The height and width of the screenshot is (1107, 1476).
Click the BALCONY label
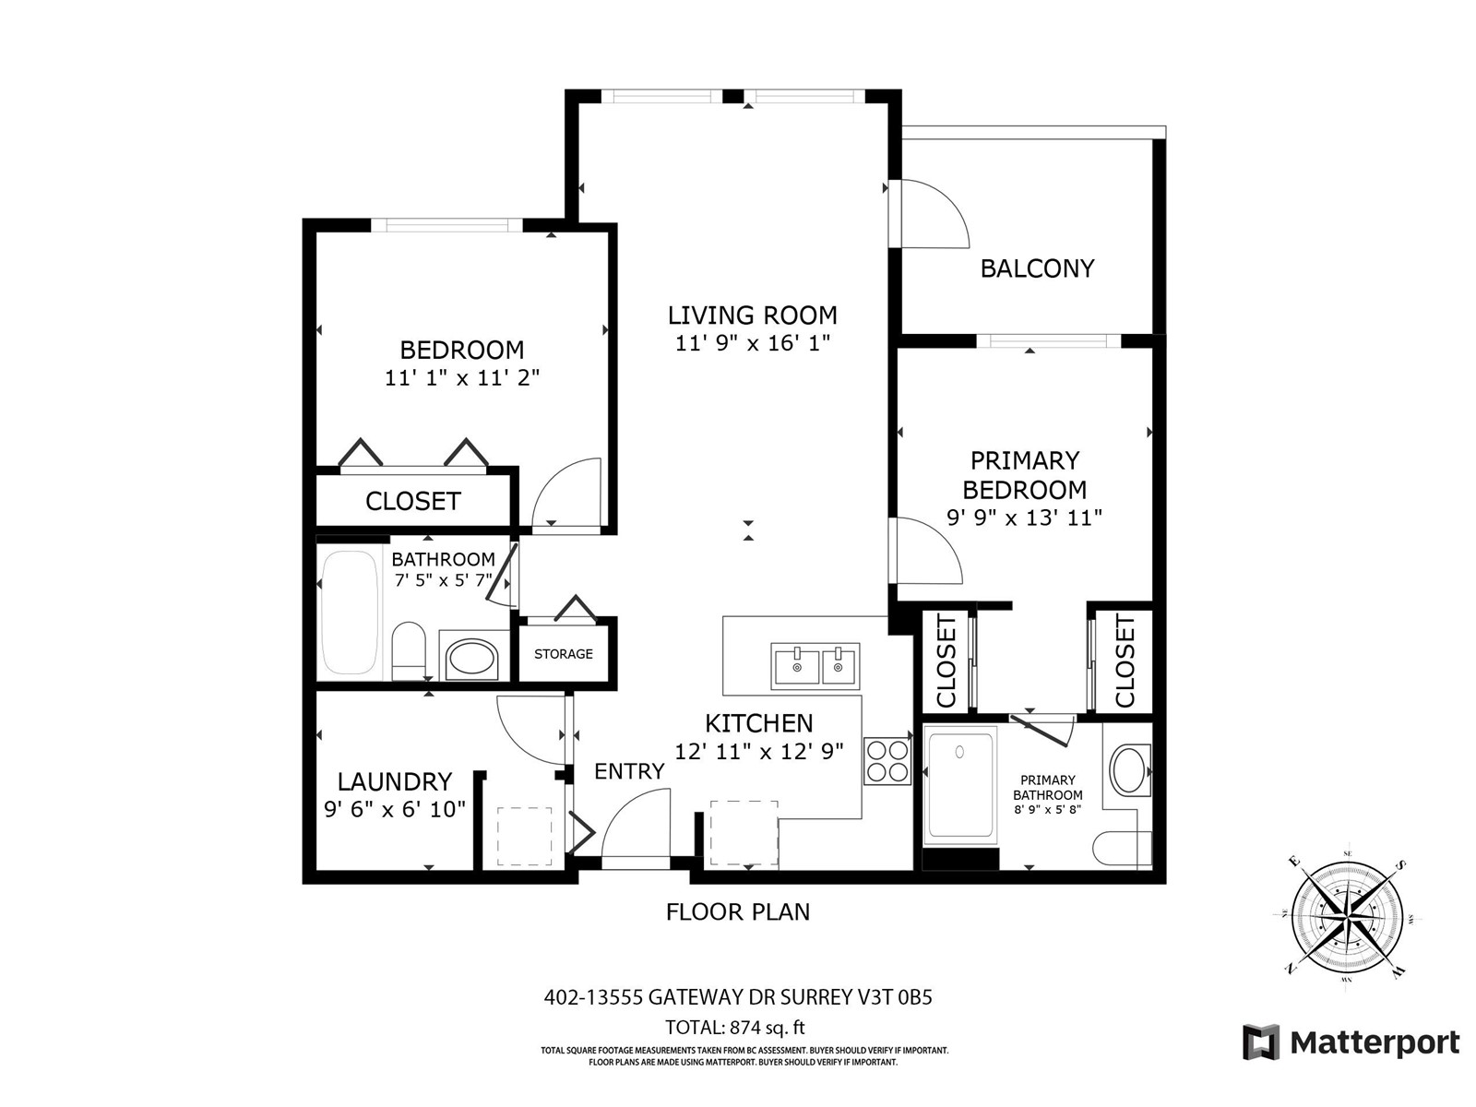pyautogui.click(x=1037, y=268)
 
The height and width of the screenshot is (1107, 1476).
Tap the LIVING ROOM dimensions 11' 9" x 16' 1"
pyautogui.click(x=753, y=343)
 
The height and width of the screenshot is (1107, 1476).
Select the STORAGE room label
pyautogui.click(x=564, y=654)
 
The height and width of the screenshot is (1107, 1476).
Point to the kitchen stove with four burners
pyautogui.click(x=887, y=762)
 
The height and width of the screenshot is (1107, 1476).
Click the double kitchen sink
pyautogui.click(x=815, y=666)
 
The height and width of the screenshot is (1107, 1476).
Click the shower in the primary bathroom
pyautogui.click(x=959, y=786)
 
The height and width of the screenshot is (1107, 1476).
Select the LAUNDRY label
pyautogui.click(x=395, y=781)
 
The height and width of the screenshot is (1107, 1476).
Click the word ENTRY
pyautogui.click(x=629, y=771)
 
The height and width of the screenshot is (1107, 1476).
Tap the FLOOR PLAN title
pyautogui.click(x=738, y=912)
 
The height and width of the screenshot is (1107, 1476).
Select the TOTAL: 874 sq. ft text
pyautogui.click(x=735, y=1028)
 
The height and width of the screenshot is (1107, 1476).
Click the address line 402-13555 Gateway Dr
pyautogui.click(x=738, y=997)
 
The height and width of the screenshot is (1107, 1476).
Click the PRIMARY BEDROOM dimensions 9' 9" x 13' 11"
pyautogui.click(x=1024, y=518)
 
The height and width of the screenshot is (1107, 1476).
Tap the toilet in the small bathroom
pyautogui.click(x=408, y=650)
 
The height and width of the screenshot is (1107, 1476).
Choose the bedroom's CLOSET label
pyautogui.click(x=413, y=502)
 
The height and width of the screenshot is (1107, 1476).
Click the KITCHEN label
pyautogui.click(x=758, y=723)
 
